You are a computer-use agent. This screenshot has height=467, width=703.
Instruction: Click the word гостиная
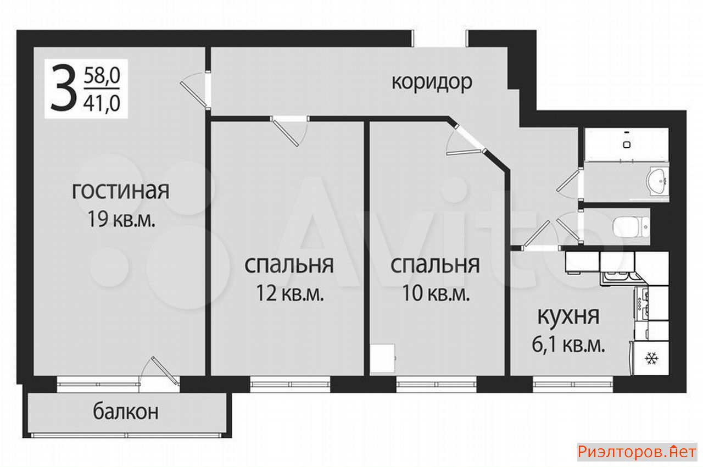(120, 191)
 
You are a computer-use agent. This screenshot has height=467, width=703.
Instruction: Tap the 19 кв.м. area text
(121, 219)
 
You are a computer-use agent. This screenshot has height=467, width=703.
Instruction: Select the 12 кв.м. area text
(289, 293)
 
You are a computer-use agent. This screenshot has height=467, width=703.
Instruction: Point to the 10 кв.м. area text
(436, 293)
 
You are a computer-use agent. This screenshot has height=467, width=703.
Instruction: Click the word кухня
(568, 316)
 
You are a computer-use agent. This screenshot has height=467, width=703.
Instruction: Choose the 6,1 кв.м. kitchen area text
(568, 344)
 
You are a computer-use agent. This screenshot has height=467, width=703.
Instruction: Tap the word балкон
(126, 412)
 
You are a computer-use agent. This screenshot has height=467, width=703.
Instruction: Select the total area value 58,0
(102, 76)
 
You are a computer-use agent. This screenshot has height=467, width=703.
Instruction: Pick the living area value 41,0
(102, 104)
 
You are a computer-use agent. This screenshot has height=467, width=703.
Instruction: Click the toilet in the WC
(631, 226)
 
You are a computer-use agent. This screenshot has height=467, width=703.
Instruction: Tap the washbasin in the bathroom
(657, 182)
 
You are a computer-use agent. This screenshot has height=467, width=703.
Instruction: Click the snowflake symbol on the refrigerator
(651, 358)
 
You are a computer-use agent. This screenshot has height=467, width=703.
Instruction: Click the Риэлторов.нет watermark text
(637, 452)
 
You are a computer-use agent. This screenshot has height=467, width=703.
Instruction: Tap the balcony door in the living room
(160, 374)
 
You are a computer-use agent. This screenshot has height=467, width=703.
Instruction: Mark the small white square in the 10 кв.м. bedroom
(382, 358)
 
